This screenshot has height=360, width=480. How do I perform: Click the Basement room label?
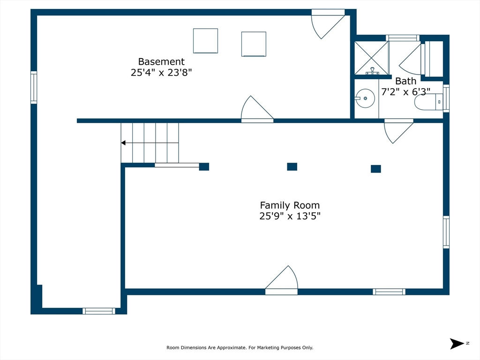pos(161,61)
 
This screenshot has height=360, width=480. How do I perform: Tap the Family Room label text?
pos(290,205)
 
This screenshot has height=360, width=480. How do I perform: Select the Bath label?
pos(405,81)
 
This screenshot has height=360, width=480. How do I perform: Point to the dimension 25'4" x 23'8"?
pos(161,73)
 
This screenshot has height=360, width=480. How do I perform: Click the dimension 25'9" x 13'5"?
pos(290,216)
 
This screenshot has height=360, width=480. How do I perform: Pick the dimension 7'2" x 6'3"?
pos(405,91)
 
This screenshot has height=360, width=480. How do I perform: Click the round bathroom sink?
pos(365,98)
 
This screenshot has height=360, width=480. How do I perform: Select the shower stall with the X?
pos(371,58)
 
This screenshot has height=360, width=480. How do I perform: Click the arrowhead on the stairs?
pos(123,143)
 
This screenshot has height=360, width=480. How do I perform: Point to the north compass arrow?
pos(457,344)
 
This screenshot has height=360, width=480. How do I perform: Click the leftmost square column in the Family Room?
pos(204,166)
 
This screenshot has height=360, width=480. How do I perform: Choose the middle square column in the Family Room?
pos(292,166)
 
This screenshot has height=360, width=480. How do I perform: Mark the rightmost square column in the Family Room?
pos(376,169)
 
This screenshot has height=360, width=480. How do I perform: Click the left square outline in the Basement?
pos(205,41)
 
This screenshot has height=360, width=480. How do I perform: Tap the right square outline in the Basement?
pos(254,44)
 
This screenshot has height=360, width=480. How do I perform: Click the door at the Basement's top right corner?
pos(328,24)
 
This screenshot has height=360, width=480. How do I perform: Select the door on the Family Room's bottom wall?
pos(281,280)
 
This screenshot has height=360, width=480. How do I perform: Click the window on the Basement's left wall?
pos(34,88)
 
